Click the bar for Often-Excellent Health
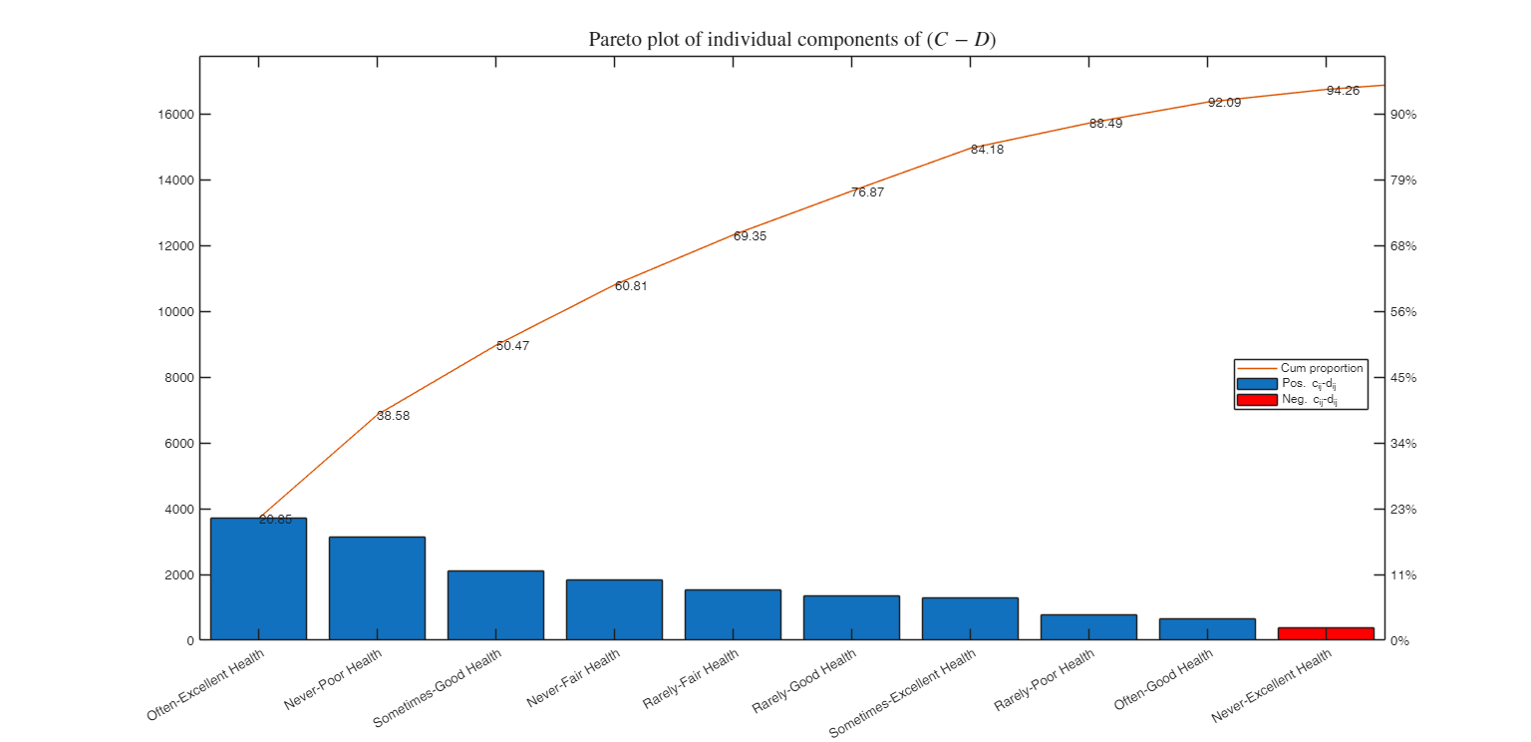[x=258, y=578]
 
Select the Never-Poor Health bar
[x=377, y=587]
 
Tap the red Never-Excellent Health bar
[x=1326, y=633]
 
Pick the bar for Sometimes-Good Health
[x=495, y=604]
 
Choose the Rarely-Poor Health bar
[x=1088, y=626]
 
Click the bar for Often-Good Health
[x=1207, y=628]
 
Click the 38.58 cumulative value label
[x=393, y=416]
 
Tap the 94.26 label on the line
[x=1343, y=91]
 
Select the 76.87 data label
[x=867, y=192]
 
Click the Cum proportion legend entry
[x=1322, y=368]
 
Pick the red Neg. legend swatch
[x=1256, y=400]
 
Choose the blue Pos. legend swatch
[x=1256, y=384]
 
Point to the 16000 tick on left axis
[x=175, y=115]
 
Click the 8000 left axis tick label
[x=178, y=378]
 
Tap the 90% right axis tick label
[x=1404, y=115]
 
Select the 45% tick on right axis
[x=1404, y=378]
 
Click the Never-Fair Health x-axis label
[x=573, y=679]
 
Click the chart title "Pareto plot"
[x=791, y=40]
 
